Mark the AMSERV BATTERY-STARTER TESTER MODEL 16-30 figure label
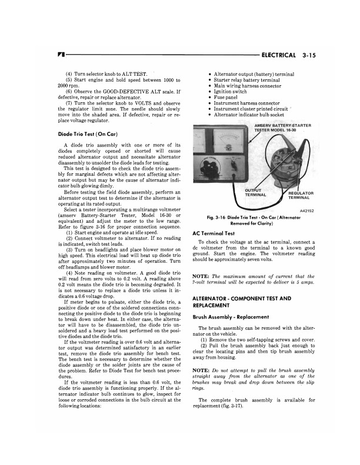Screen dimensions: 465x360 [x=282, y=128]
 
